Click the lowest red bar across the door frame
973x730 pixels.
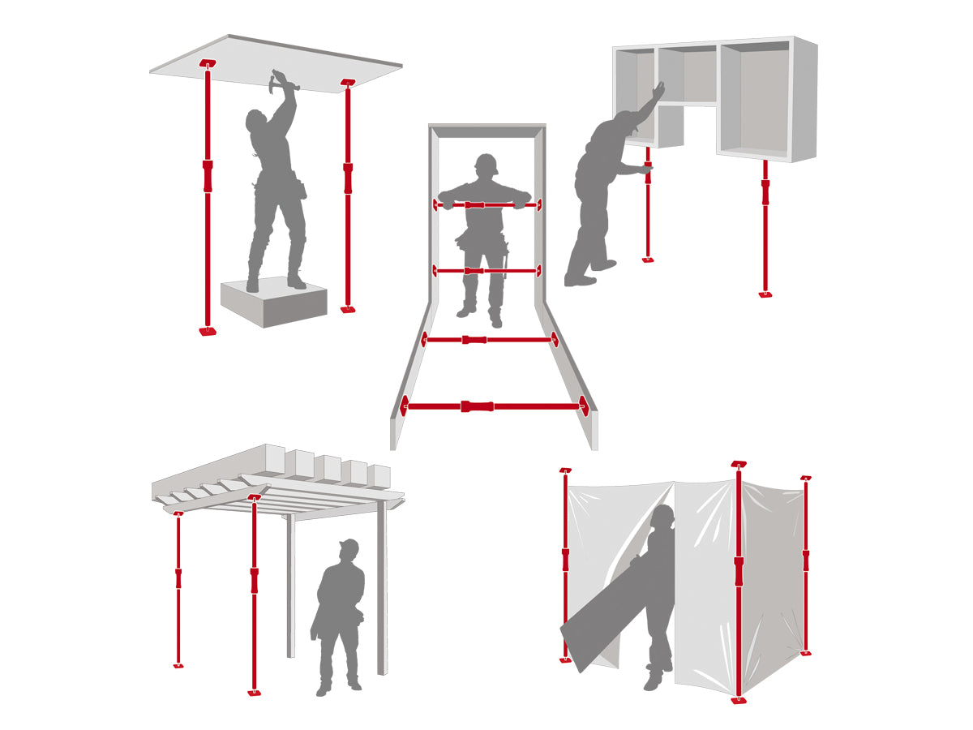(x=494, y=406)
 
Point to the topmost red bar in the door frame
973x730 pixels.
(x=487, y=205)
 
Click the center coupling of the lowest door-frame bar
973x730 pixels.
(x=477, y=406)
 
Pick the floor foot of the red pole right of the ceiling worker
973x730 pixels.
(x=348, y=309)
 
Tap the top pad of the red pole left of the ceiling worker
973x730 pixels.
(x=208, y=63)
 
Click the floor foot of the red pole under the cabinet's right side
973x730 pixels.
(x=765, y=294)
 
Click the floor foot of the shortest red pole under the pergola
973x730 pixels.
(x=178, y=665)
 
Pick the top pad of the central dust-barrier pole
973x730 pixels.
(x=738, y=464)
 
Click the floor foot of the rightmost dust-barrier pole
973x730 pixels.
(x=805, y=653)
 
